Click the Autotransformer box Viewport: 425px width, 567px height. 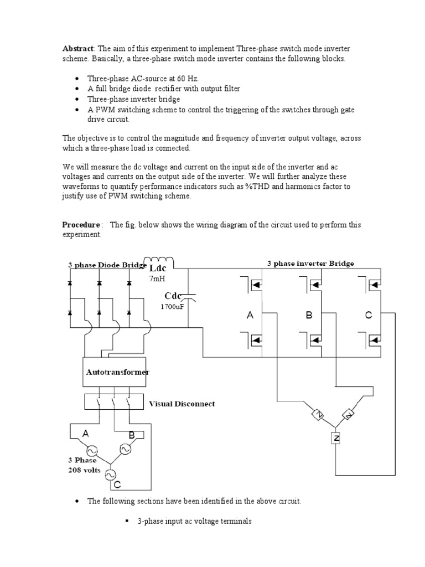(x=117, y=372)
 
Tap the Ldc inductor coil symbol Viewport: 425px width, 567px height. (x=158, y=261)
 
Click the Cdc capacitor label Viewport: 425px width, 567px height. (x=174, y=296)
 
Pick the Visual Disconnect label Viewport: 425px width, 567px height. (x=182, y=404)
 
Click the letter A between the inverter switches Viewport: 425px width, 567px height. (x=250, y=315)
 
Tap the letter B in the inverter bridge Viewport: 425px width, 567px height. (x=309, y=315)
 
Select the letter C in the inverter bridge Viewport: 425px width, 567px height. (x=368, y=315)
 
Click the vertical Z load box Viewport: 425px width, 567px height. (x=335, y=439)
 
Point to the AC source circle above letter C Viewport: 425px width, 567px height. (x=110, y=474)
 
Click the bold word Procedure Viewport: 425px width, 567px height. (x=81, y=225)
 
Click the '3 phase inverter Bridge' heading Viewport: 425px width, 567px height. (x=310, y=264)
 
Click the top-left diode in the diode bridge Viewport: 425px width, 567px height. (x=70, y=283)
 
